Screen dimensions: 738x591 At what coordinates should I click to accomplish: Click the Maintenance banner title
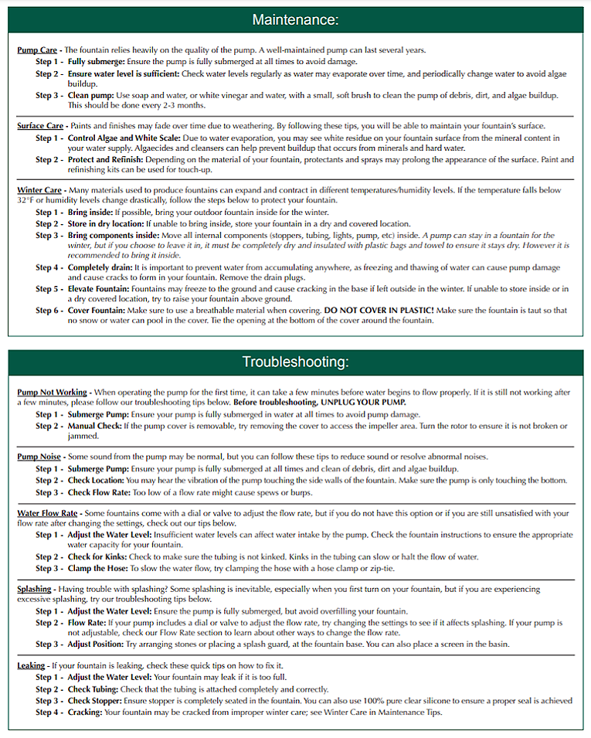(x=296, y=19)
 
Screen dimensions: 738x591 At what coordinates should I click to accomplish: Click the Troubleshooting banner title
(x=296, y=362)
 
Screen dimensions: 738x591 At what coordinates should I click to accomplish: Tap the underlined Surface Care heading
(x=41, y=126)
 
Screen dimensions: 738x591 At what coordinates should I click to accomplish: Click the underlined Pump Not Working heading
(x=53, y=393)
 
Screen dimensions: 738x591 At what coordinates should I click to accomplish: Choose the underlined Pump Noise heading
(x=39, y=457)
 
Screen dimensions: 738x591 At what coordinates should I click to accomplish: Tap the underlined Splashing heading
(x=34, y=589)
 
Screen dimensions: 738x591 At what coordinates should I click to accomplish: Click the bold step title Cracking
(x=85, y=712)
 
